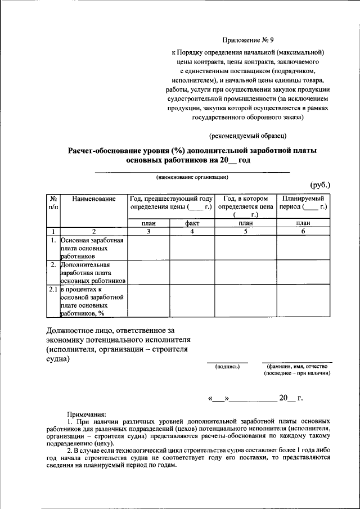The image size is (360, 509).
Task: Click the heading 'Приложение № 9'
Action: point(248,40)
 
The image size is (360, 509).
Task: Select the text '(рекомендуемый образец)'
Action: point(248,136)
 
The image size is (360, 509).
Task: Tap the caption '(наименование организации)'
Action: point(192,177)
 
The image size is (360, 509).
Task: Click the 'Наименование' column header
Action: point(94,199)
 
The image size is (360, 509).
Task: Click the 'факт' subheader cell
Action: point(192,223)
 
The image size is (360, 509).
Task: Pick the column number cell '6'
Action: point(303,231)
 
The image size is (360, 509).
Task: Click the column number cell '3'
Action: point(149,231)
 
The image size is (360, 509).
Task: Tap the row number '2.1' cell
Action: point(52,290)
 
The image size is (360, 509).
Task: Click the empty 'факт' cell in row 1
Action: point(192,248)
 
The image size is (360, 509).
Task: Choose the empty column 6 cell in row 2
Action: point(303,273)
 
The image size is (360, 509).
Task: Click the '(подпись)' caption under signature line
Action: point(227,367)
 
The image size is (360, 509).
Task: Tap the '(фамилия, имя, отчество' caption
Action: point(298,366)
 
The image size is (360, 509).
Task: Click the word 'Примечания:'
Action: point(87,413)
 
